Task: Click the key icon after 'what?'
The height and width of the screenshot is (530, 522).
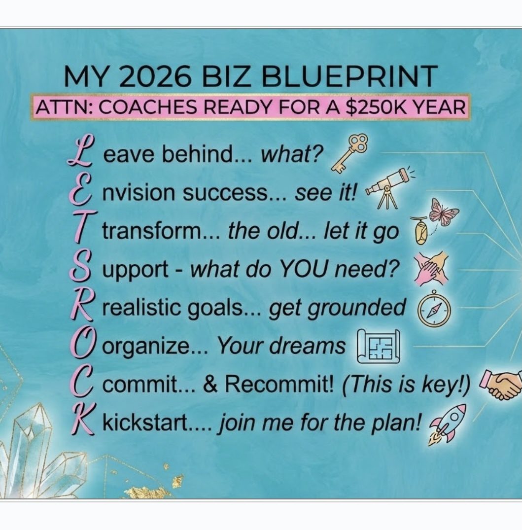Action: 348,154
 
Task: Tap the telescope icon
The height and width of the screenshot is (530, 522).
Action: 388,188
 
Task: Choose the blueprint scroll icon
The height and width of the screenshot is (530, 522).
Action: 379,346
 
